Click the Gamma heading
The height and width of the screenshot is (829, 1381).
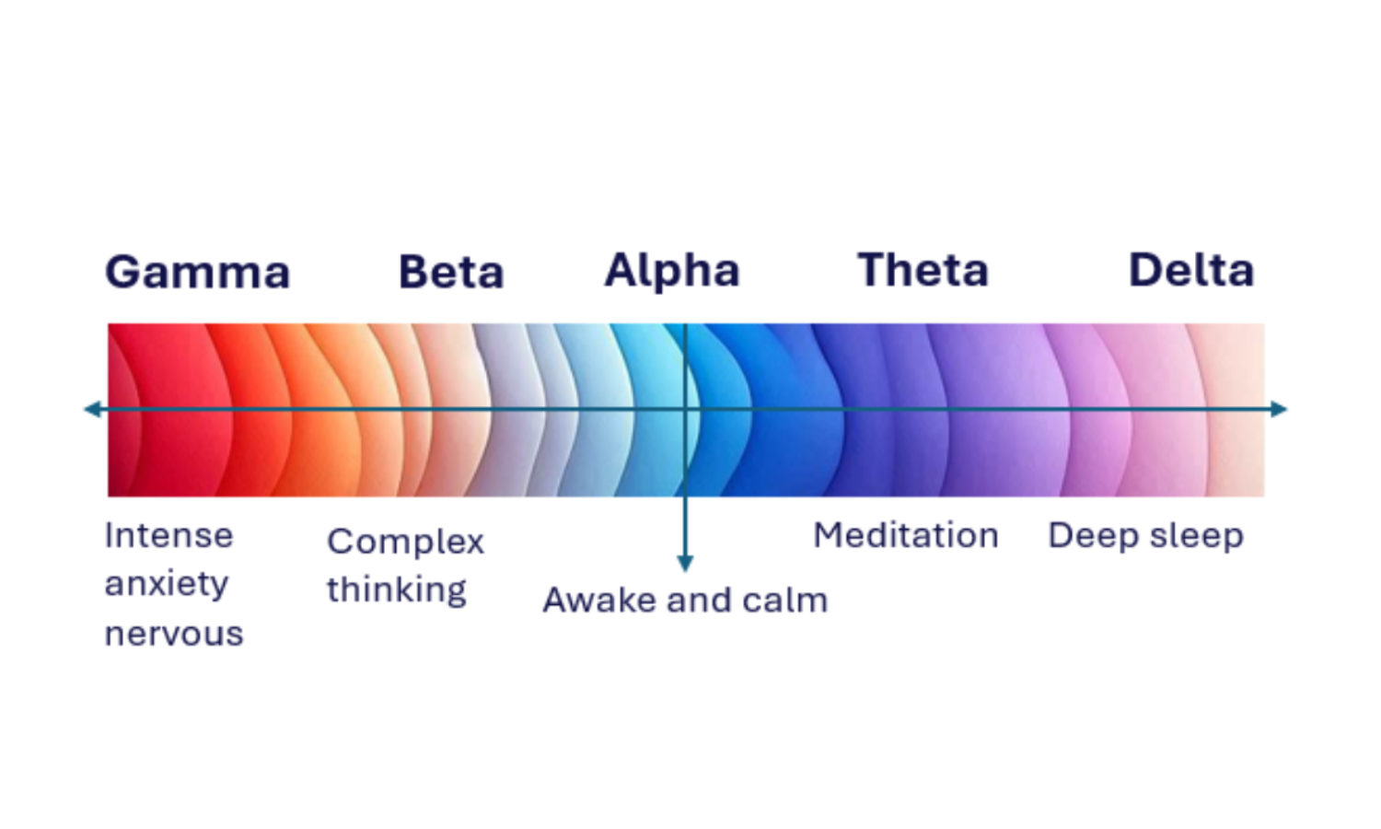tap(198, 273)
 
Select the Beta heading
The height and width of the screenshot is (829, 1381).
tap(451, 273)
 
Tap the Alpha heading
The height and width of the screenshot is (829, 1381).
tap(672, 271)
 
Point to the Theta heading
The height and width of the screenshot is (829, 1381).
tap(923, 271)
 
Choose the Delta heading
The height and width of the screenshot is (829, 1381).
tap(1191, 271)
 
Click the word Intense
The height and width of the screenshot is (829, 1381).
tap(168, 535)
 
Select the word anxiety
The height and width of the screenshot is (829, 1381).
tap(167, 584)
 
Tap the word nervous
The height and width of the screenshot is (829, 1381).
tap(174, 634)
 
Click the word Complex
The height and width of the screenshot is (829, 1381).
tap(405, 543)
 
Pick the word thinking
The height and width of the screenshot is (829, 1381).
tap(397, 590)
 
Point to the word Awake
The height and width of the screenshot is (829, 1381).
tap(599, 601)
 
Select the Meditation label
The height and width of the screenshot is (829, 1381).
tap(906, 535)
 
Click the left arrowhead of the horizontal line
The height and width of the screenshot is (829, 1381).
tap(91, 409)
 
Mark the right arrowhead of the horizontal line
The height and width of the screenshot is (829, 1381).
tap(1279, 409)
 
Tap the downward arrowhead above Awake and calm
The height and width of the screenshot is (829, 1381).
tap(685, 564)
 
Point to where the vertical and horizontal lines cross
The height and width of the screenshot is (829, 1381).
tap(685, 409)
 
